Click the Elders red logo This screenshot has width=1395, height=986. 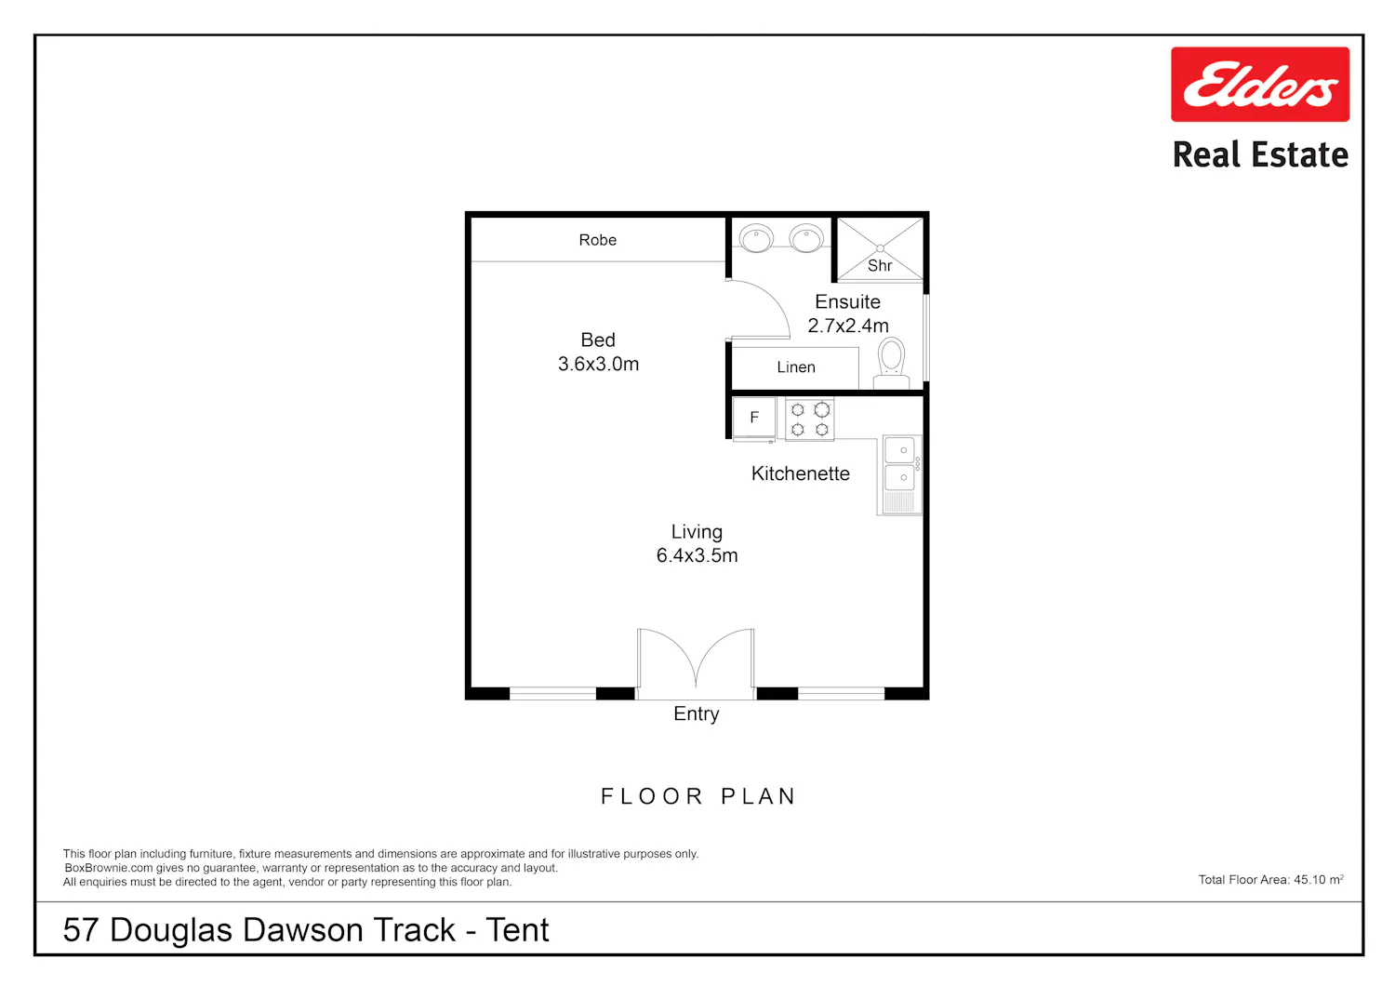1259,84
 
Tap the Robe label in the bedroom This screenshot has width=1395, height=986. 597,240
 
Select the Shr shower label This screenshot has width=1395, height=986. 880,266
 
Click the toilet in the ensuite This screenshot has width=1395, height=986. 891,363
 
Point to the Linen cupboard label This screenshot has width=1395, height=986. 796,366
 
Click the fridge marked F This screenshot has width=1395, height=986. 754,418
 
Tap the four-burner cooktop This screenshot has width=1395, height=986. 810,420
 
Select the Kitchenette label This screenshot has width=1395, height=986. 800,473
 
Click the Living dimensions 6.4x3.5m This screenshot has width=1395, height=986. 697,555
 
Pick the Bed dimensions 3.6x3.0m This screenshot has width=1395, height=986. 598,364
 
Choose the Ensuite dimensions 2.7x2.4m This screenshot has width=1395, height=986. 847,326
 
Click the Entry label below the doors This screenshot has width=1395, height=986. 697,713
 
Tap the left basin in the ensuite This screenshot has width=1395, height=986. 756,238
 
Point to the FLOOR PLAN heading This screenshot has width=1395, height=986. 698,796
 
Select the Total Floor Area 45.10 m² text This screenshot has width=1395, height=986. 1270,879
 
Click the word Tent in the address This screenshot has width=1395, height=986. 517,930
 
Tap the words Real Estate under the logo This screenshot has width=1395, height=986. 1260,154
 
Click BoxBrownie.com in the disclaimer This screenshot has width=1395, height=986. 109,868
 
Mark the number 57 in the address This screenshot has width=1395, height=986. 81,930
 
